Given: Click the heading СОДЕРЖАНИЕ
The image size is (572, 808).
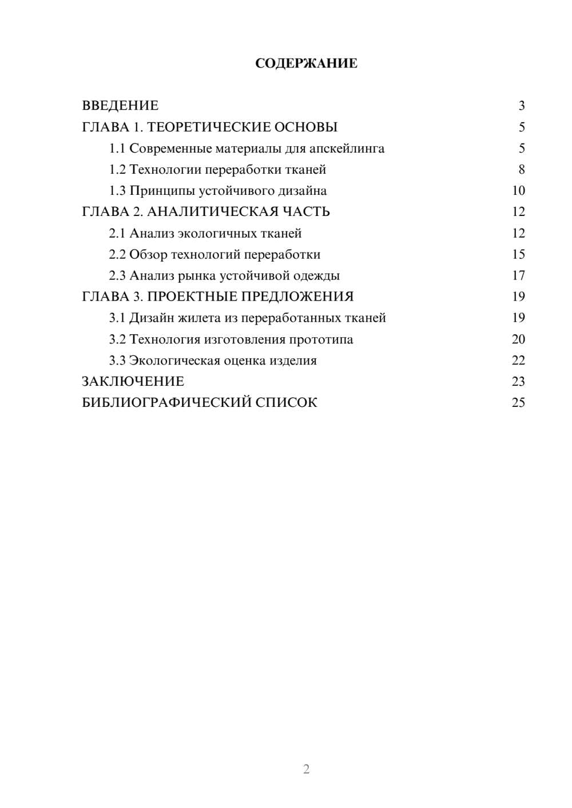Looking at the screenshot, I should click(306, 63).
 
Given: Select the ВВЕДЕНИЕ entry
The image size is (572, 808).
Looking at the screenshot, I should click(120, 106).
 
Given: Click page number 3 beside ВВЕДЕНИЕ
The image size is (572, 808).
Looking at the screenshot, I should click(521, 106).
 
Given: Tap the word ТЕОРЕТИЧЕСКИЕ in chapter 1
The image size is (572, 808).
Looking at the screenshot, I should click(205, 127).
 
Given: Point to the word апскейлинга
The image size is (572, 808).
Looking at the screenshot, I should click(347, 149).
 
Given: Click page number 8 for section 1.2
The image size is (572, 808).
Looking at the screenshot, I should click(521, 170).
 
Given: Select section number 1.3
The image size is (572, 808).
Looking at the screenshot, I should click(117, 191).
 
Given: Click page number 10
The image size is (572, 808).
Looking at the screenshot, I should click(518, 191).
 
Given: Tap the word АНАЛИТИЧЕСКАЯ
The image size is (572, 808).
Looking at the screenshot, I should click(209, 212).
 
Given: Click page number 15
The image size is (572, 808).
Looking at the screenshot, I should click(518, 254).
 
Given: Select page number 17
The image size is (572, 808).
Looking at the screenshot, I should click(518, 276).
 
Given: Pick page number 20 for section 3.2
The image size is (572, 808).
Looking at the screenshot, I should click(518, 339).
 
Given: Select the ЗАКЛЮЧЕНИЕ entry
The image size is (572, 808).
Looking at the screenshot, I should click(133, 382).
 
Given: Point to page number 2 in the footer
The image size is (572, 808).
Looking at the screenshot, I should click(306, 769).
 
